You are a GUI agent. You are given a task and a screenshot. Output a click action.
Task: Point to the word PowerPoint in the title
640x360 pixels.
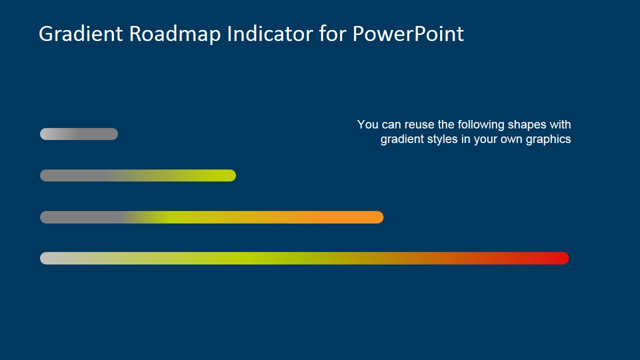(408, 34)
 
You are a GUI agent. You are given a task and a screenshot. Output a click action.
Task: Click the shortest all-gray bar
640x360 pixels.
(79, 134)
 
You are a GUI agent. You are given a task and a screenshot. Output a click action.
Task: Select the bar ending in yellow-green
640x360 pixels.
(137, 175)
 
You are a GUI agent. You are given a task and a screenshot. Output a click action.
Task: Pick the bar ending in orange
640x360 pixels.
(211, 217)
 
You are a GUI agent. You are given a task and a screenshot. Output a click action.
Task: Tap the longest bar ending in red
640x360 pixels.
(304, 258)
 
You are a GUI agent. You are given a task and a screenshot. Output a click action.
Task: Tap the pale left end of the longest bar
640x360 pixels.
(47, 258)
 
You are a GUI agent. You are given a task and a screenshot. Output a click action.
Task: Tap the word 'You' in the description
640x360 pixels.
(367, 124)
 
